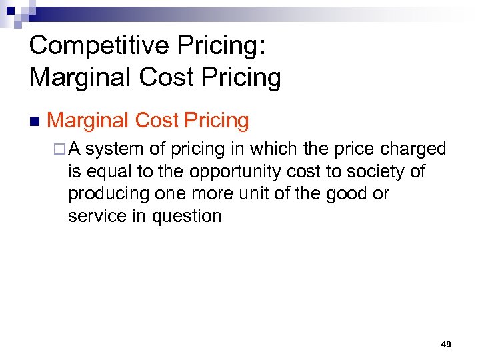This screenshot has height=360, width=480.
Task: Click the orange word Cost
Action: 157,121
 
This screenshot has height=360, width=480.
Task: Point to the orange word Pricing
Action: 216,121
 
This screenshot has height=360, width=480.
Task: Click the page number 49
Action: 446,344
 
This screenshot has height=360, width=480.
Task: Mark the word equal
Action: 110,172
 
